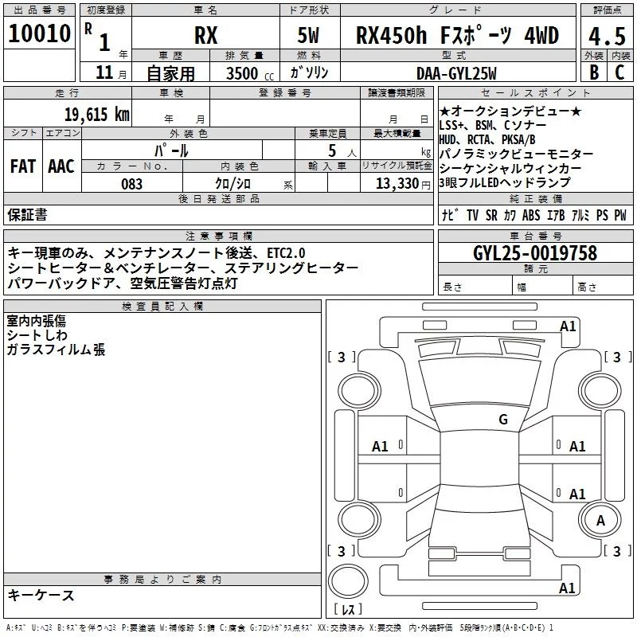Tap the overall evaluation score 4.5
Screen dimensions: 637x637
coord(606,36)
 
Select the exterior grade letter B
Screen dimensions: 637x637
coord(593,71)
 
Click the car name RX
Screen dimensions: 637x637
coord(206,36)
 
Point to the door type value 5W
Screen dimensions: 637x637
coord(308,36)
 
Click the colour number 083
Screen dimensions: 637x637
coord(131,184)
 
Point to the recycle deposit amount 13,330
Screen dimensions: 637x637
coord(397,184)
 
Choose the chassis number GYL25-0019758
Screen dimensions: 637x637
coord(534,253)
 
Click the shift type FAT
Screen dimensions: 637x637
coord(22,166)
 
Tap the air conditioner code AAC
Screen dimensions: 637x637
coord(61,166)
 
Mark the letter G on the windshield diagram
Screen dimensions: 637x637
coord(502,420)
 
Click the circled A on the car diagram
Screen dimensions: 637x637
coord(601,521)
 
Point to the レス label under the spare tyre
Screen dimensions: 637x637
coord(348,610)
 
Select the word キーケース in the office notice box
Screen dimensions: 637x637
coord(41,596)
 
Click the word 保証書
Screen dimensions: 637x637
coord(27,214)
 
